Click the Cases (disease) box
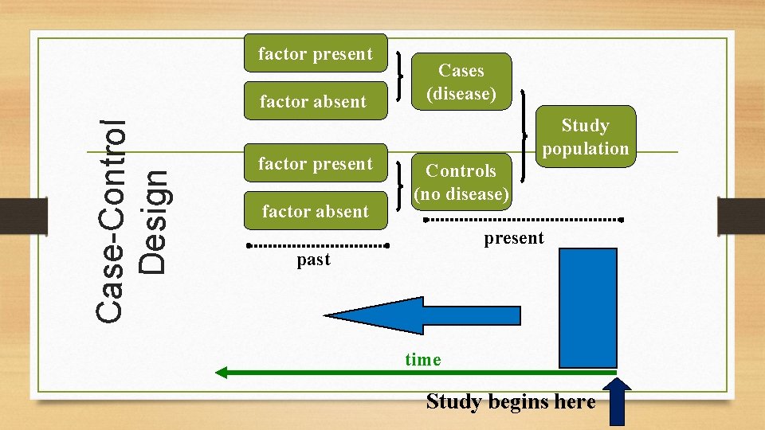coord(461,82)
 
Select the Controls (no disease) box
coord(461,182)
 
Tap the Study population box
coord(585,136)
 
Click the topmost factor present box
coord(316,54)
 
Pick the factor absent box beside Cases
coord(313,101)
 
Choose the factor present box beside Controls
coord(316,164)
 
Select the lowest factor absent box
coord(316,211)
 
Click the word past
coord(313,260)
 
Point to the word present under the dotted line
coord(514,238)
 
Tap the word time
coord(422,360)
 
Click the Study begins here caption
coord(511,401)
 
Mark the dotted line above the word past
coord(317,245)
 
